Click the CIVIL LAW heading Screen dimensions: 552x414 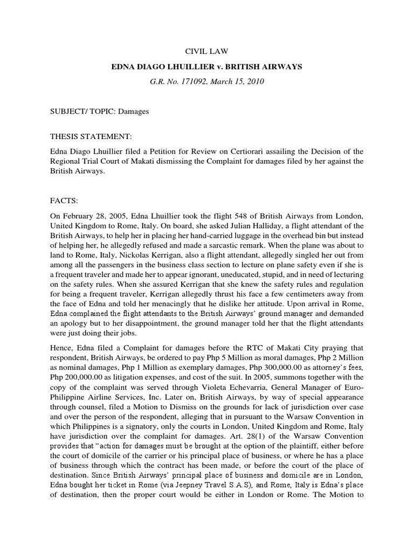pos(207,52)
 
